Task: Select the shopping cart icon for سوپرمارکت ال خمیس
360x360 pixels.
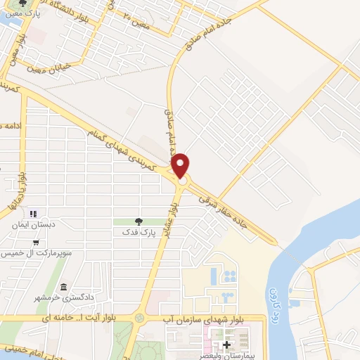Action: (x=36, y=242)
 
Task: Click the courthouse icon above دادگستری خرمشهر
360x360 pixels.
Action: (x=63, y=288)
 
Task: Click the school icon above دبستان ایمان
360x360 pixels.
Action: (x=32, y=214)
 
